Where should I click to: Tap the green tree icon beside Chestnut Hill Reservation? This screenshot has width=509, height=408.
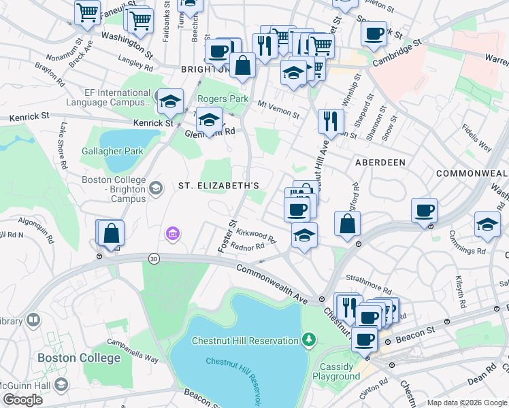coord(309,339)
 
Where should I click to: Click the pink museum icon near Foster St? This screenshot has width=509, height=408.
coord(173,235)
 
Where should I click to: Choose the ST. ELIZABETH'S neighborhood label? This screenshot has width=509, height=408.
coord(218,186)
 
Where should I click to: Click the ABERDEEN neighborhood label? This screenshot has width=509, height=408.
coord(380,163)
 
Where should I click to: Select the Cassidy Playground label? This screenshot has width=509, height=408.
coord(340,371)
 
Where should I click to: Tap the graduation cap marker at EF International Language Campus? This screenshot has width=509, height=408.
coord(169,102)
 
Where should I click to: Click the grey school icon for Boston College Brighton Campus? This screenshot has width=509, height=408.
coord(156,188)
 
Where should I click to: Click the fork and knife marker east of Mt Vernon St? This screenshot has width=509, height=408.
coord(331,121)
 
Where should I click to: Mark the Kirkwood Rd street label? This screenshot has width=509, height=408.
coord(253,235)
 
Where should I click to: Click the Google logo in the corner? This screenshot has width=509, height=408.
coord(22,401)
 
